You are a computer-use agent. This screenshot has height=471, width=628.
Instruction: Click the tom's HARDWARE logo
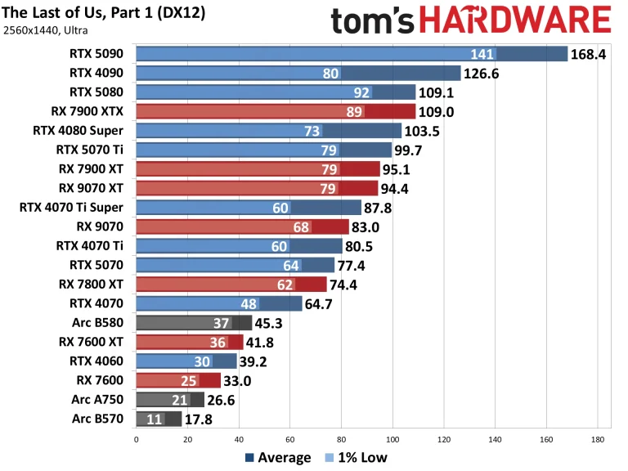[x=471, y=20]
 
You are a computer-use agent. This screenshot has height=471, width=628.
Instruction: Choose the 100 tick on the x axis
[x=392, y=439]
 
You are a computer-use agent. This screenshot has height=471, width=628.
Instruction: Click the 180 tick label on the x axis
[x=598, y=439]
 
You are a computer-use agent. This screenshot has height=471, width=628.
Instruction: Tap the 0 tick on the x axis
[x=136, y=439]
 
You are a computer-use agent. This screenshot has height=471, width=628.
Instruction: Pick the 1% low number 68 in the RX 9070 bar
[x=299, y=227]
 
